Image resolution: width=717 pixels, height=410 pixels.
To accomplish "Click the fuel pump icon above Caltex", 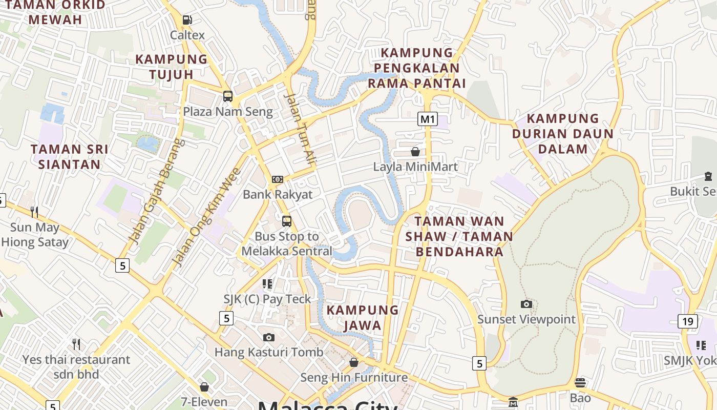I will point(187,20).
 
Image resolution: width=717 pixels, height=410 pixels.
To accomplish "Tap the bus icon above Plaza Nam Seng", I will point(228,96).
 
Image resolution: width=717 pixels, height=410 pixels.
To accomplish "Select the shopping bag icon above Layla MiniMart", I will point(415,152).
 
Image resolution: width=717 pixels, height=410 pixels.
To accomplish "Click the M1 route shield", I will point(428,119).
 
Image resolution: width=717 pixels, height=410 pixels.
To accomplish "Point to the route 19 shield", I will point(687,321).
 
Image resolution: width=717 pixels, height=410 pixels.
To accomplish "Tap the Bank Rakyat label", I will point(277,194).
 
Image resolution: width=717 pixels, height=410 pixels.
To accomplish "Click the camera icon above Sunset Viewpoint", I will point(526,304).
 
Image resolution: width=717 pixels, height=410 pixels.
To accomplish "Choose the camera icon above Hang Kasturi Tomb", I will point(268,337).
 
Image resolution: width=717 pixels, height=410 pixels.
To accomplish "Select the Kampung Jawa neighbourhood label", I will point(363,317).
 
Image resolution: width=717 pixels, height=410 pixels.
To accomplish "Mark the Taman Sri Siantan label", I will point(69,157).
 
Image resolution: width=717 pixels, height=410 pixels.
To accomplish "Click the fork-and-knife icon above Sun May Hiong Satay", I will point(34,212).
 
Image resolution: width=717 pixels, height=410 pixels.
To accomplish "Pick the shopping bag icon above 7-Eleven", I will point(204,387).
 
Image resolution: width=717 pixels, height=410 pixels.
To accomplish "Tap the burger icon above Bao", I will point(580,383).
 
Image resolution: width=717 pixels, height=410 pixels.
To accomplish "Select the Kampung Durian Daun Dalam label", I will point(563,133).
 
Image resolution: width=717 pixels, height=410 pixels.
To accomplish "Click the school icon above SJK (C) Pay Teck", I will point(267,283).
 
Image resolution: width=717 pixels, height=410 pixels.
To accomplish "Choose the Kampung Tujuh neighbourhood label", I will point(171,67).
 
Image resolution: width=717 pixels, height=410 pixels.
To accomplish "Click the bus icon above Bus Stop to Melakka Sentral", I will point(287,221).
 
